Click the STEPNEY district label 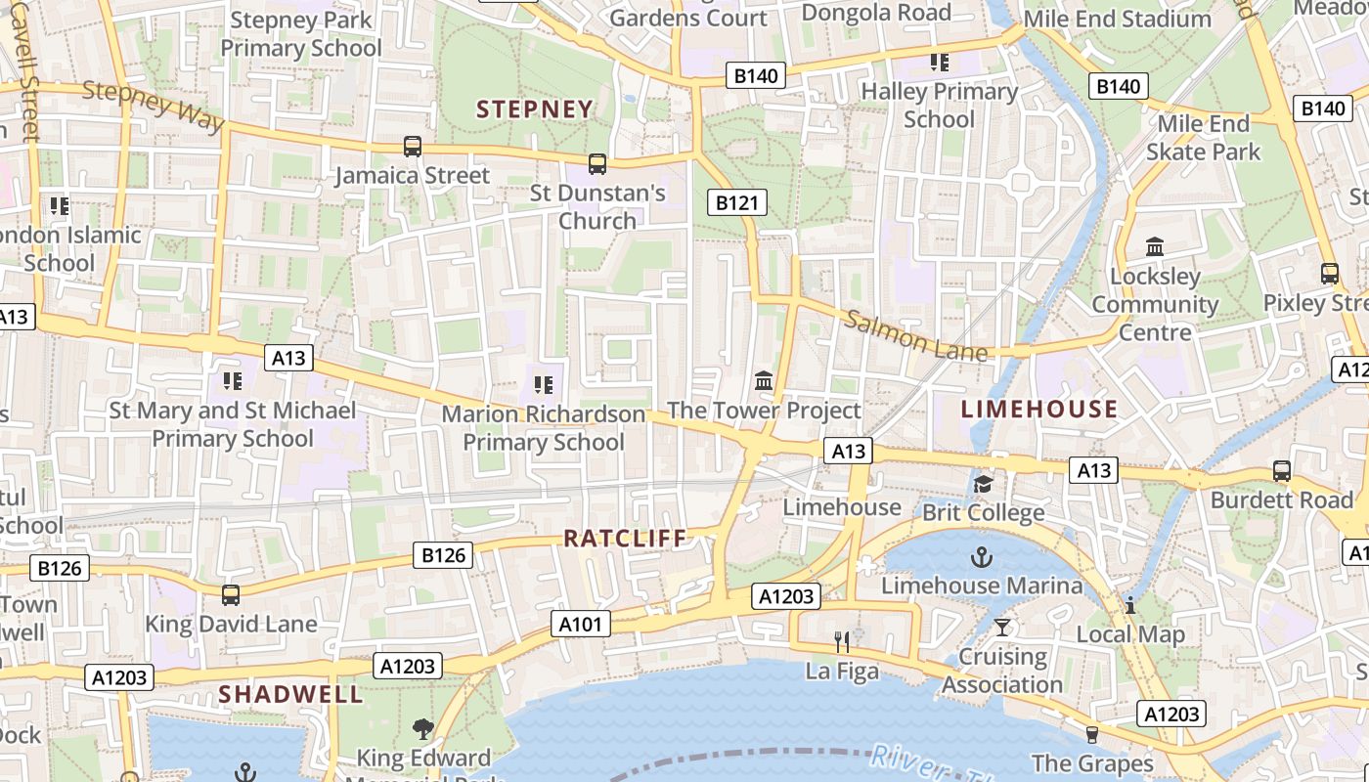(x=535, y=109)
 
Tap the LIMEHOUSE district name (x=1038, y=409)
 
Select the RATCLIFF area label (x=626, y=538)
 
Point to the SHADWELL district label (x=290, y=694)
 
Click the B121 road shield (x=736, y=202)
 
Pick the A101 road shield (x=581, y=624)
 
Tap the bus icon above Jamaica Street (x=413, y=147)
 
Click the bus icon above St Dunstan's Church (x=597, y=163)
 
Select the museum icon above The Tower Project (x=764, y=379)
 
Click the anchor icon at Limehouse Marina (x=981, y=557)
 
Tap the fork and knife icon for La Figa (x=842, y=641)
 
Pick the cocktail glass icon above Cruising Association (x=1002, y=627)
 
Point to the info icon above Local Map (x=1130, y=605)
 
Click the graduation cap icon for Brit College (x=983, y=484)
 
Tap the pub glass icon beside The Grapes (x=1092, y=734)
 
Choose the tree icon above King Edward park (x=422, y=728)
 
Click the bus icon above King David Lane (x=231, y=594)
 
